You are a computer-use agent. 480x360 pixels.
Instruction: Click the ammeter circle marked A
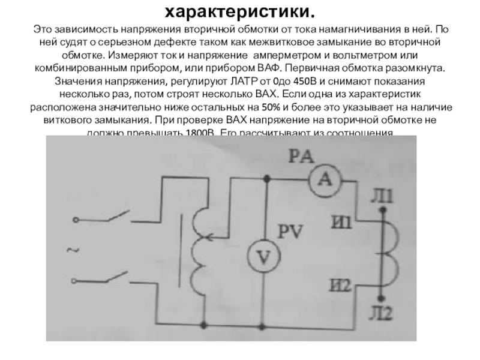325,178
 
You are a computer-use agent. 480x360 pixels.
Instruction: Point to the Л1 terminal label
383,197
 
